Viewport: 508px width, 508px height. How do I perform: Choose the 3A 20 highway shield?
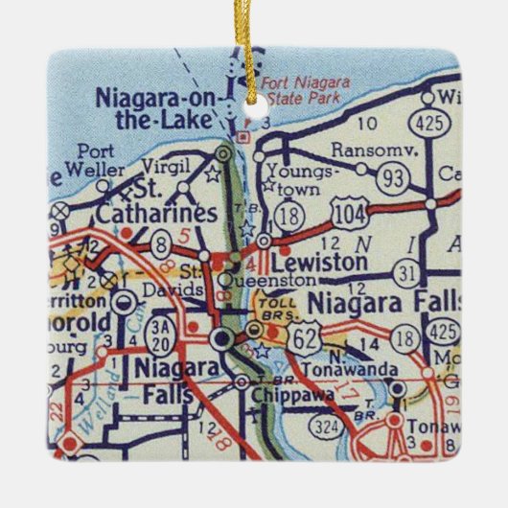[x=160, y=335]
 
